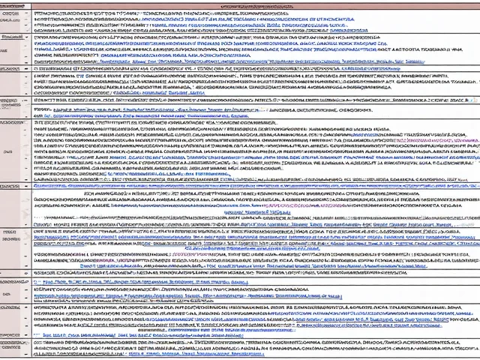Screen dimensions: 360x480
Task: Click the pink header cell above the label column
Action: pyautogui.click(x=10, y=5)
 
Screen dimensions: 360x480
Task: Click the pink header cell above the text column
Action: pyautogui.click(x=247, y=5)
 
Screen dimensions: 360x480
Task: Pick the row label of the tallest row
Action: pyautogui.click(x=10, y=149)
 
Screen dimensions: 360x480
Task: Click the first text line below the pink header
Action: pyautogui.click(x=225, y=13)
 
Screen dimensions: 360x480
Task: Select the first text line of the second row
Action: pyautogui.click(x=225, y=34)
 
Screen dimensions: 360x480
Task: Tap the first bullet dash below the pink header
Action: pyautogui.click(x=25, y=13)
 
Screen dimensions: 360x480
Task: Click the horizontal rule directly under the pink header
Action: pyautogui.click(x=247, y=9)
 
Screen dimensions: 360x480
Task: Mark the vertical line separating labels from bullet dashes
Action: pyautogui.click(x=21, y=180)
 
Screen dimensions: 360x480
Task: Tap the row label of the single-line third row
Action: pyautogui.click(x=10, y=67)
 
